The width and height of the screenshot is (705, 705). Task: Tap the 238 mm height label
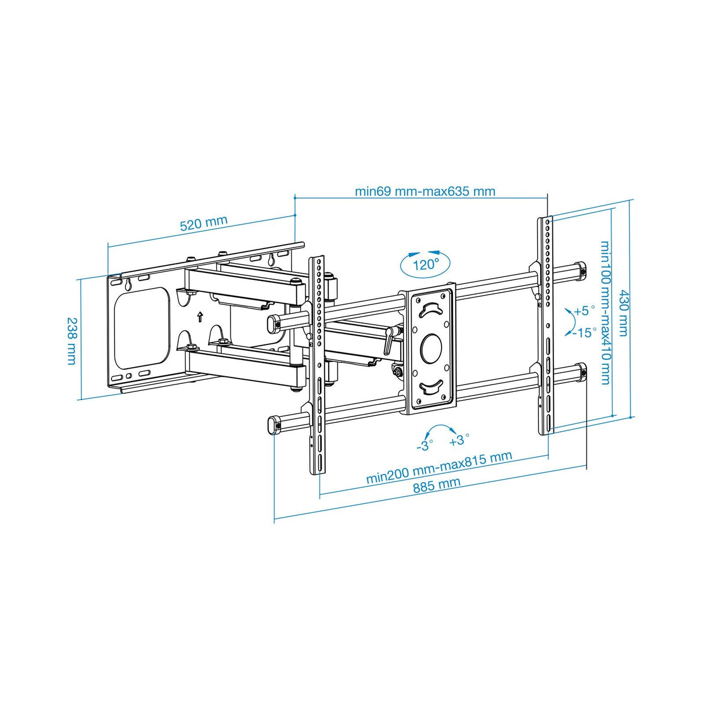[x=71, y=340]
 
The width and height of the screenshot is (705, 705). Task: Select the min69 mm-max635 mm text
[x=425, y=191]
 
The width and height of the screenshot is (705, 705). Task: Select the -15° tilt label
[x=585, y=333]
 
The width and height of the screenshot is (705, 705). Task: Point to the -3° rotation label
[x=425, y=446]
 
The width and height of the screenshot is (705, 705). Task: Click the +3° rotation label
[x=459, y=440]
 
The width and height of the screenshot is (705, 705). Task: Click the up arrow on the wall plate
[x=200, y=316]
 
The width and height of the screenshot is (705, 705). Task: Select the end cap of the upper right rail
[x=580, y=270]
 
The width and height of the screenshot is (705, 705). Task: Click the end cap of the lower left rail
[x=272, y=424]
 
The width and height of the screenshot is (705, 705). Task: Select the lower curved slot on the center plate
[x=431, y=386]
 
